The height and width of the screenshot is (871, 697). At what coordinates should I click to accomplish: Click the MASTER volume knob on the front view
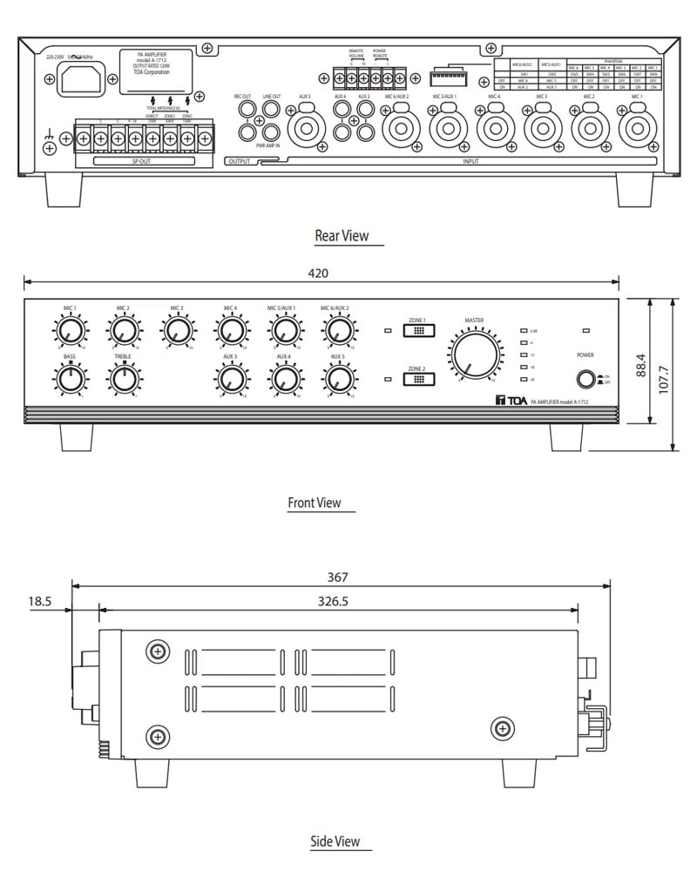point(475,355)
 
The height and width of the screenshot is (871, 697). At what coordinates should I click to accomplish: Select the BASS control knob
point(70,379)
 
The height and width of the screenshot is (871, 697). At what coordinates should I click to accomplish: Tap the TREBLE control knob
point(124,379)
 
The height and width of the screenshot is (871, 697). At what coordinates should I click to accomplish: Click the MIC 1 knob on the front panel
point(70,330)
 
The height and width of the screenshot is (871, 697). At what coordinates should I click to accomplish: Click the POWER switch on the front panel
point(584,379)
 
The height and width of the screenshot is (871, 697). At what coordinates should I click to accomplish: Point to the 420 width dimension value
point(318,273)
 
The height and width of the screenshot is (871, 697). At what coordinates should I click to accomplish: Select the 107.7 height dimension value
point(665,374)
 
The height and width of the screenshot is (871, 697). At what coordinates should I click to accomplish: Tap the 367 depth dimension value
point(338,577)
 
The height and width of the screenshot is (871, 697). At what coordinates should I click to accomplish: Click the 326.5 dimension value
point(333,601)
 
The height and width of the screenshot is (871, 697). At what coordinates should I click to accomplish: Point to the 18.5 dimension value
point(40,601)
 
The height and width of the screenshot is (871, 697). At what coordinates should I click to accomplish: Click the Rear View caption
point(342,235)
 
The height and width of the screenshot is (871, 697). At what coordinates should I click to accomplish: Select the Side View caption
point(335,841)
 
